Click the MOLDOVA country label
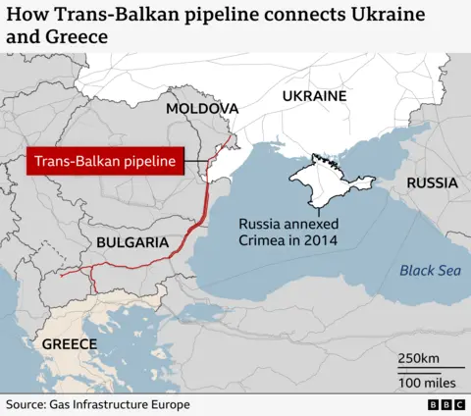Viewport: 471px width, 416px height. (x=201, y=108)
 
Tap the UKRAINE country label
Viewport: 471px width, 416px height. (x=314, y=96)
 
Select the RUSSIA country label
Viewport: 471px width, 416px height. (x=432, y=183)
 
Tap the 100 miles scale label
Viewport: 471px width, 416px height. (x=425, y=381)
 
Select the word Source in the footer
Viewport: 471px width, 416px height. (x=26, y=404)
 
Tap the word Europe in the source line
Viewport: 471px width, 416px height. (x=168, y=404)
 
